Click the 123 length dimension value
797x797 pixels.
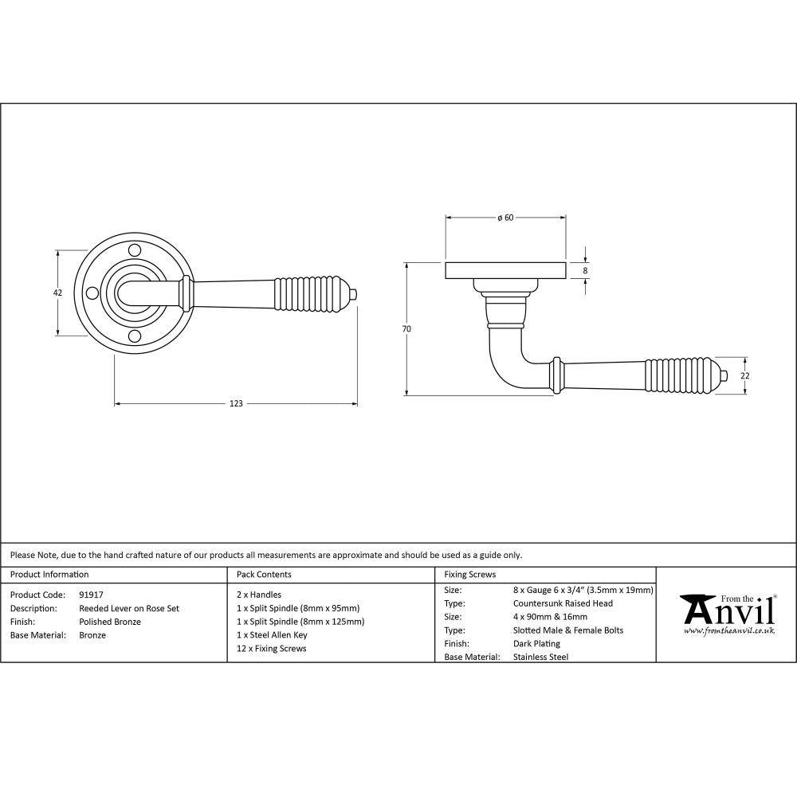click(x=236, y=403)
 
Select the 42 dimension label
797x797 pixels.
click(x=57, y=292)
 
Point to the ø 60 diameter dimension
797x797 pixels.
click(x=505, y=218)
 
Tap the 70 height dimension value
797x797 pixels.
click(x=406, y=328)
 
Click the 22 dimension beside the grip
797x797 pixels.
click(x=746, y=375)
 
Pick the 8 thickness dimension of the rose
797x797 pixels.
click(x=586, y=271)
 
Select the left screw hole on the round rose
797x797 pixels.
click(x=92, y=293)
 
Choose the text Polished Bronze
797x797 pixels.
click(x=110, y=622)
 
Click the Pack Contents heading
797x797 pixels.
click(x=264, y=574)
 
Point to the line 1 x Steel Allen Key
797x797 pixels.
click(x=272, y=635)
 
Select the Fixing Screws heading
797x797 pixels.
click(x=469, y=574)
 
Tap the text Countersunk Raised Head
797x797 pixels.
click(x=563, y=603)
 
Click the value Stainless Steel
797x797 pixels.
click(x=541, y=657)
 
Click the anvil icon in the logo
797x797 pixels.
click(x=697, y=610)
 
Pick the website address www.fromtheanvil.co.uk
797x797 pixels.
click(x=729, y=630)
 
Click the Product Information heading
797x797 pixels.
click(x=49, y=574)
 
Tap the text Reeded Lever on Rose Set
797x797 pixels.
click(x=129, y=608)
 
